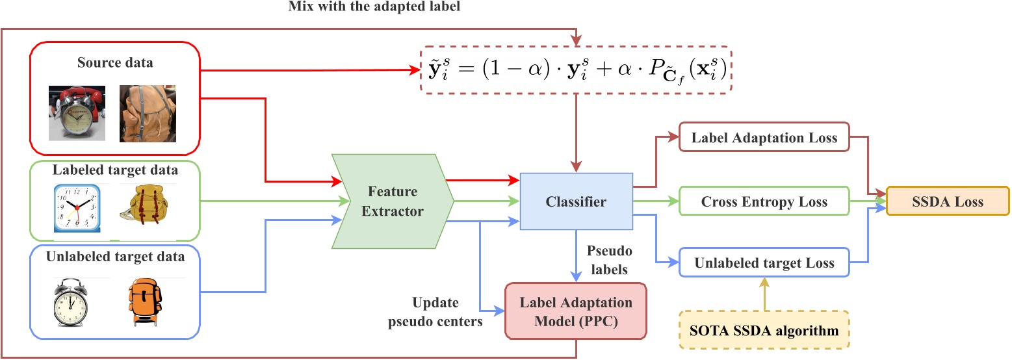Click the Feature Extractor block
(391, 201)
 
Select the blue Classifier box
(576, 201)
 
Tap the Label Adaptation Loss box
(764, 137)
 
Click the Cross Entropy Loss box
(764, 201)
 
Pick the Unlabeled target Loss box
(764, 263)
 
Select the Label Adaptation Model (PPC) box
(576, 311)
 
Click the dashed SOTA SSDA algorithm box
(764, 331)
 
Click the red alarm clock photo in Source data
(77, 112)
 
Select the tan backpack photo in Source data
(148, 112)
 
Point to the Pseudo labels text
(609, 259)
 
